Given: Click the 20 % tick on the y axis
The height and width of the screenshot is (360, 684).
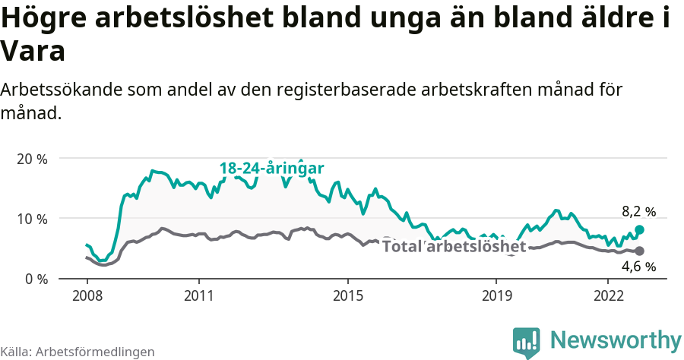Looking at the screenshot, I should pyautogui.click(x=31, y=159).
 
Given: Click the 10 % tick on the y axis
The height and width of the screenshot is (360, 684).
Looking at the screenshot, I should pyautogui.click(x=31, y=219).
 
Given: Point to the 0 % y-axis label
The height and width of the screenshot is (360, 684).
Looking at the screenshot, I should pyautogui.click(x=35, y=279).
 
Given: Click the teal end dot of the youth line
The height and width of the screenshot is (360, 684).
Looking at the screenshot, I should pyautogui.click(x=639, y=229).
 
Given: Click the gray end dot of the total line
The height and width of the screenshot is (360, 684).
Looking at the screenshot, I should pyautogui.click(x=639, y=251).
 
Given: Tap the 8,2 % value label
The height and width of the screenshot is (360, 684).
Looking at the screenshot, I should pyautogui.click(x=638, y=212).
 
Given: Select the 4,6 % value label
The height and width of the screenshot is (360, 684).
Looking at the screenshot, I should pyautogui.click(x=638, y=267).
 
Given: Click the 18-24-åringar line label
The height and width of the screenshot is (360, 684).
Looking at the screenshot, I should pyautogui.click(x=272, y=168).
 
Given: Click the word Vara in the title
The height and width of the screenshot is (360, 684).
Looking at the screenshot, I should pyautogui.click(x=33, y=52).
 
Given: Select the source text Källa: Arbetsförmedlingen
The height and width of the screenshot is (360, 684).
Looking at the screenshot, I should pyautogui.click(x=78, y=352).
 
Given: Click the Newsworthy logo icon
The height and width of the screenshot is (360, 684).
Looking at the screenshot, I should pyautogui.click(x=526, y=342).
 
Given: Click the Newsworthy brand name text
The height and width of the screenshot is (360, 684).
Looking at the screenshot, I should pyautogui.click(x=616, y=339).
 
